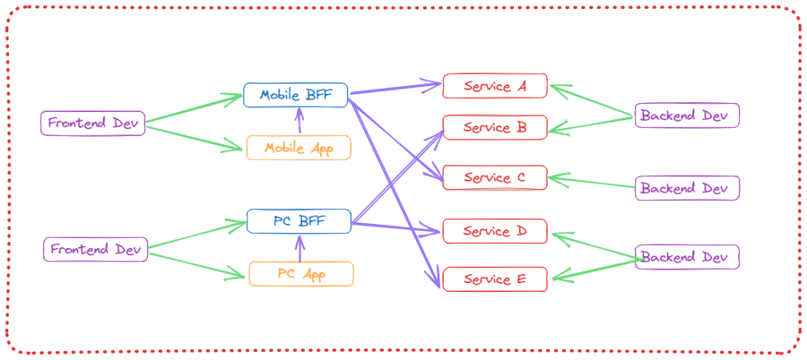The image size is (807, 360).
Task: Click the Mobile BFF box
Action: (x=295, y=96)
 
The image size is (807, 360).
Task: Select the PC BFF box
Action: (x=298, y=221)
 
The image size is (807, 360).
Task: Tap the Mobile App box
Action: (x=298, y=148)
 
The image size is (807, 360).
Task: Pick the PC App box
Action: (x=301, y=274)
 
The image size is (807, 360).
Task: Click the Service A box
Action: (x=495, y=86)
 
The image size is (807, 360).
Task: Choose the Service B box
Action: (x=495, y=128)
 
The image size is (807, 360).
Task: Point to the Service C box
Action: (x=495, y=178)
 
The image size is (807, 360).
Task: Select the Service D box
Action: (x=495, y=231)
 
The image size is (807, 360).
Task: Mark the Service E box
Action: (x=495, y=279)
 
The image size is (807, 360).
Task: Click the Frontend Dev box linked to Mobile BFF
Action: (x=93, y=122)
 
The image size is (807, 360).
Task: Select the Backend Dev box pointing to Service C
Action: (x=687, y=188)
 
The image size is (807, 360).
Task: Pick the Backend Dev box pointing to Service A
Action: (x=687, y=116)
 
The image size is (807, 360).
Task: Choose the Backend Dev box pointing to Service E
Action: (x=687, y=257)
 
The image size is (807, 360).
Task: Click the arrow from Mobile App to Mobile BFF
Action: (x=300, y=122)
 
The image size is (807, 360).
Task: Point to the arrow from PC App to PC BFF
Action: (x=300, y=248)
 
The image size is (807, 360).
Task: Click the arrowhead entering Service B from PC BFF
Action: (x=438, y=134)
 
